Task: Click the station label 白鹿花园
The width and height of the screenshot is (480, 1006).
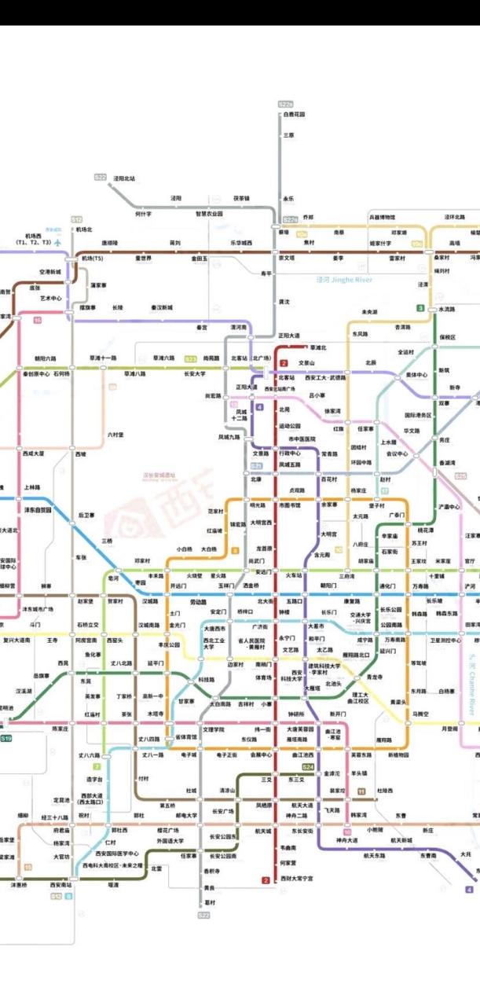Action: pyautogui.click(x=295, y=115)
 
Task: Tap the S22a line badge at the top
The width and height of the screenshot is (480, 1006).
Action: pyautogui.click(x=286, y=104)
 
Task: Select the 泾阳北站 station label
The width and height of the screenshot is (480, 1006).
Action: pyautogui.click(x=124, y=179)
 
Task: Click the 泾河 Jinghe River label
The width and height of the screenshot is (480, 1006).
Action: pyautogui.click(x=343, y=279)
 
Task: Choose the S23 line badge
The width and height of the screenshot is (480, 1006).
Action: pyautogui.click(x=190, y=358)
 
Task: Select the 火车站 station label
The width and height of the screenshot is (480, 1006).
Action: pyautogui.click(x=294, y=575)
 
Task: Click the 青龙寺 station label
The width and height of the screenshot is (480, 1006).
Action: pyautogui.click(x=374, y=677)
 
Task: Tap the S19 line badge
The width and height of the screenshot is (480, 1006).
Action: pyautogui.click(x=6, y=739)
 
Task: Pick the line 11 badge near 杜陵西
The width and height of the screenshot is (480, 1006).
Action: pyautogui.click(x=361, y=791)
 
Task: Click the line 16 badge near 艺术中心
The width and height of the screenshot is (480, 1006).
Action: pyautogui.click(x=37, y=320)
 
